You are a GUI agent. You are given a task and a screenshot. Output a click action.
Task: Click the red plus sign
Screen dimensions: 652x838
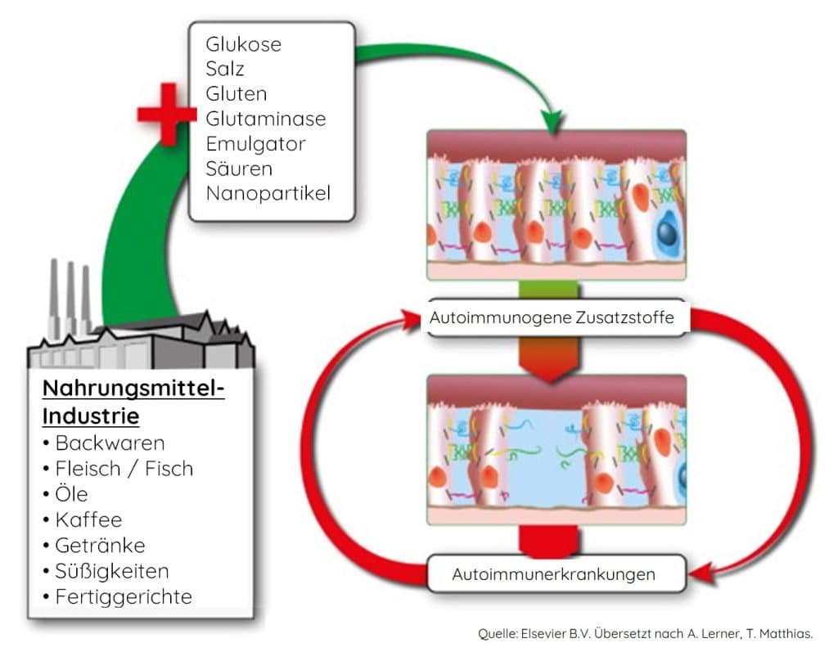point(167,114)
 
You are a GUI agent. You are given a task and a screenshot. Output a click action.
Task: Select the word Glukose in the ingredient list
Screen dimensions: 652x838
point(243,44)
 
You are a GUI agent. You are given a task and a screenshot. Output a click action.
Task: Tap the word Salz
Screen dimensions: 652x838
point(224,69)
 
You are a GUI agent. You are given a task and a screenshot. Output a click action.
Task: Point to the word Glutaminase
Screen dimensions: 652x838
point(265,119)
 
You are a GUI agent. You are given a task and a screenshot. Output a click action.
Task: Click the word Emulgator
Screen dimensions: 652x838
point(255,144)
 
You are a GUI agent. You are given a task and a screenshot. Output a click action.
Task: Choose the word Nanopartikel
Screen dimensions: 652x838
point(268,194)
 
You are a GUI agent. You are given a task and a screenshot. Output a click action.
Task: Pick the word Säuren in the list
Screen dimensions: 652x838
point(239,169)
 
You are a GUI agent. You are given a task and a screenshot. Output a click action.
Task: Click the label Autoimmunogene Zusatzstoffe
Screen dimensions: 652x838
point(552,318)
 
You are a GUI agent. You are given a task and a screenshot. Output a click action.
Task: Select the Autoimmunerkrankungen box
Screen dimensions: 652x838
point(553,574)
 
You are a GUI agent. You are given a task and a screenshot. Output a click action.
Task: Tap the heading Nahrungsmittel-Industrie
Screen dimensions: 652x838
point(133,402)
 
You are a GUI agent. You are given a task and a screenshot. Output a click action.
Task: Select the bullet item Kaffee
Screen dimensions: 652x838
point(88,519)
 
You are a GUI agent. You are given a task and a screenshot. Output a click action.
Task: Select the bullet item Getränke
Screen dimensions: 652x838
point(100,545)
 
